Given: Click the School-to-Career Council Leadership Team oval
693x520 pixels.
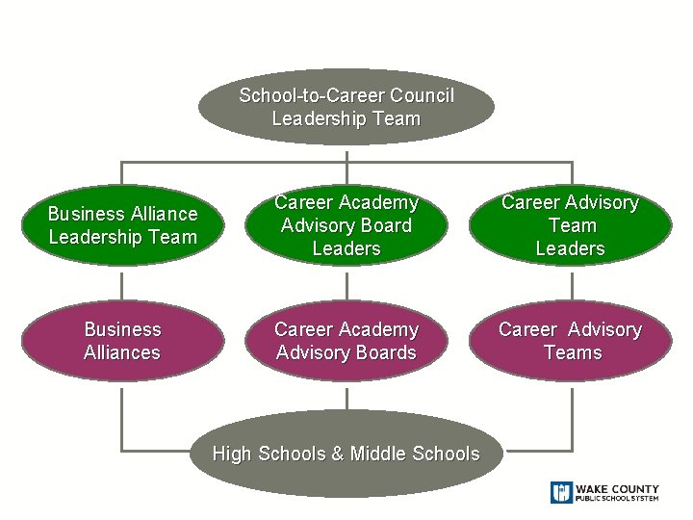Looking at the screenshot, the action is [346, 107].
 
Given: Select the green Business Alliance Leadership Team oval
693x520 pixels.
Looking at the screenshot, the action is [122, 225].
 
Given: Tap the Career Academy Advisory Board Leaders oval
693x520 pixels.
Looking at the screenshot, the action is [346, 225].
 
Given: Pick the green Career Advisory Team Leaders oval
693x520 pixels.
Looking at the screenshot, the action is [571, 225].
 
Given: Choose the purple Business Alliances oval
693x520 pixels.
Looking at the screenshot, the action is [122, 341].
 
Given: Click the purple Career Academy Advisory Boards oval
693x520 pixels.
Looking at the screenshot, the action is [346, 341].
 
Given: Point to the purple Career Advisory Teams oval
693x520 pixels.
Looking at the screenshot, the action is [571, 341].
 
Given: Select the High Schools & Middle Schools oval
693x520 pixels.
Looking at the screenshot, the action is [346, 454].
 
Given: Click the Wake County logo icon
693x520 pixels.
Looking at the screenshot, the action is [561, 492].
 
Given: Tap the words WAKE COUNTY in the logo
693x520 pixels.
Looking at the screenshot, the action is [618, 489].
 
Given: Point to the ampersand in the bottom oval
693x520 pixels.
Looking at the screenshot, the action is [337, 454].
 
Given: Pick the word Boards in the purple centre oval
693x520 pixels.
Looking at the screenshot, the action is [385, 352].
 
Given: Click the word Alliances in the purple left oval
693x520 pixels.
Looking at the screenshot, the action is [122, 352].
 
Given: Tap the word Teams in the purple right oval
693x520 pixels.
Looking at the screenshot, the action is [572, 352].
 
